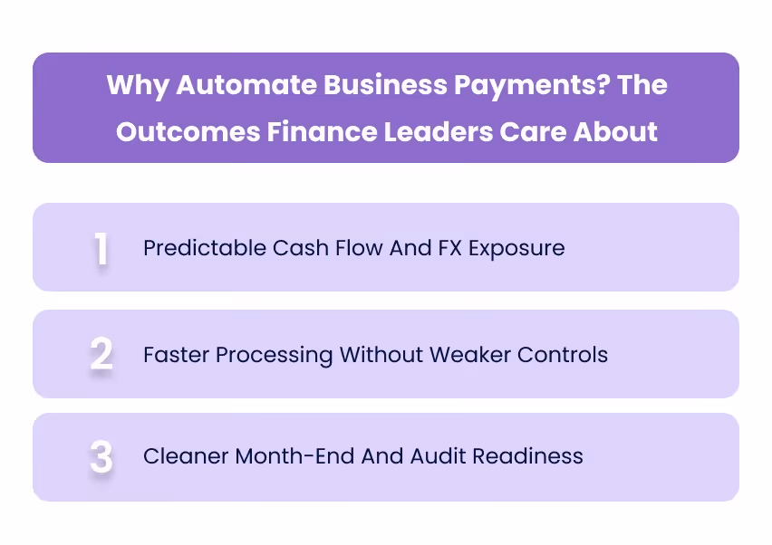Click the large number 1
(101, 249)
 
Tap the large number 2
(101, 354)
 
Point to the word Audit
(438, 456)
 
